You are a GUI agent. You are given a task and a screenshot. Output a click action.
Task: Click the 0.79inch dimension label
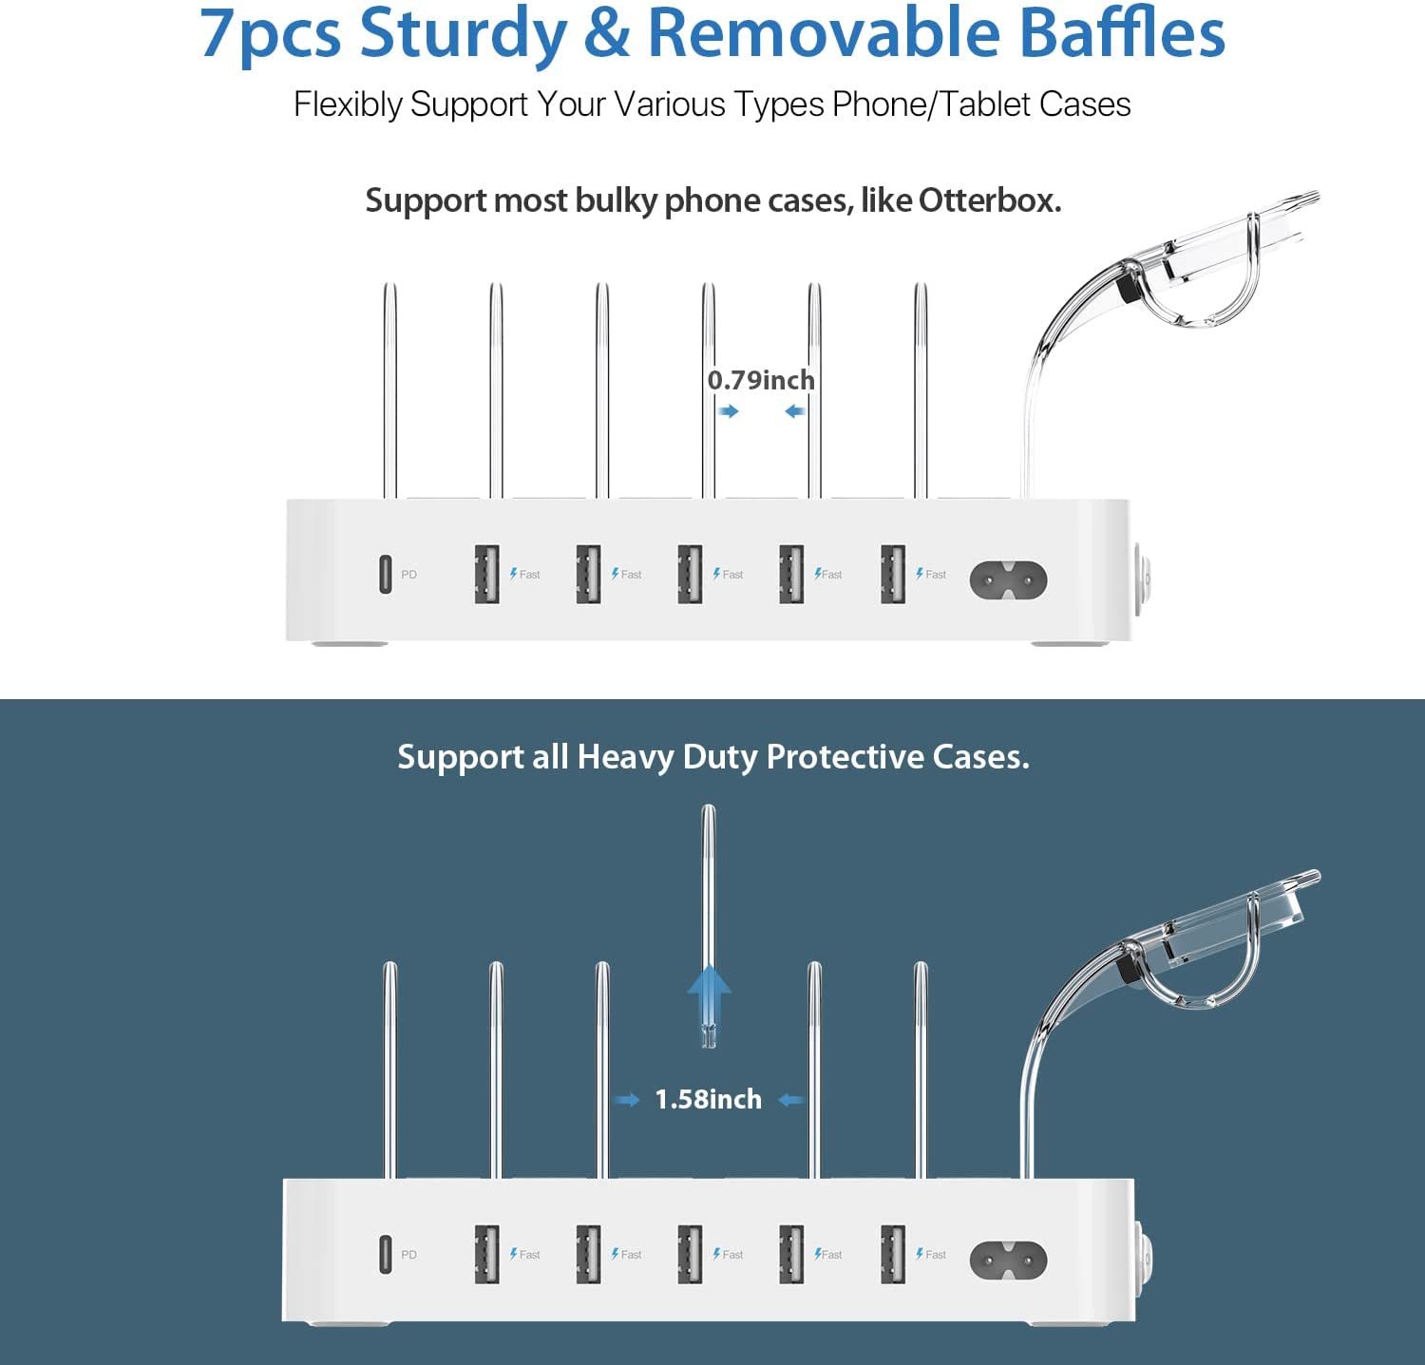click(761, 380)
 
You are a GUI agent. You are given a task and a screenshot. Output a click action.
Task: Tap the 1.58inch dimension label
click(709, 1099)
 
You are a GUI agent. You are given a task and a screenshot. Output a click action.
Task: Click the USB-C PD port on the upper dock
click(385, 574)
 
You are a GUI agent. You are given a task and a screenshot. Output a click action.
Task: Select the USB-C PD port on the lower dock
click(385, 1254)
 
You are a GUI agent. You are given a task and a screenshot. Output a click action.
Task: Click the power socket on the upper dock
click(1008, 578)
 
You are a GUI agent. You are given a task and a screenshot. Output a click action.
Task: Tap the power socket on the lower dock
click(1008, 1259)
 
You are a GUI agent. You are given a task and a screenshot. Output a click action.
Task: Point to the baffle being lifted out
click(708, 926)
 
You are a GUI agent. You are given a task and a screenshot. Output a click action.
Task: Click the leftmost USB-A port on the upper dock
click(487, 574)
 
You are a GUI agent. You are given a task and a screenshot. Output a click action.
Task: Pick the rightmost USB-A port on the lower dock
click(893, 1254)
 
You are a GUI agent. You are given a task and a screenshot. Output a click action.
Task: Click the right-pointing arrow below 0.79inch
click(729, 411)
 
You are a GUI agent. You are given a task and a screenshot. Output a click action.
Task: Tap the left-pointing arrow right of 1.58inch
click(790, 1100)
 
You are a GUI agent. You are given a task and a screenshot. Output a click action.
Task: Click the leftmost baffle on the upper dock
click(389, 390)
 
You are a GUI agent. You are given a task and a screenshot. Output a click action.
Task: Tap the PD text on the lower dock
click(408, 1255)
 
